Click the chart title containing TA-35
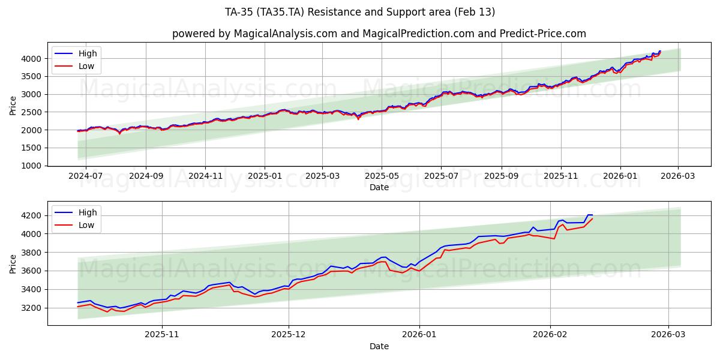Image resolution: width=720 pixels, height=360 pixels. pyautogui.click(x=360, y=12)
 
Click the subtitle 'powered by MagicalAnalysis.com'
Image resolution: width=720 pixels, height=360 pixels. pyautogui.click(x=379, y=34)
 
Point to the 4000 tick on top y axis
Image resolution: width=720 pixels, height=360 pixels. pyautogui.click(x=33, y=58)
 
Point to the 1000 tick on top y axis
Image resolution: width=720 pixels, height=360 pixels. pyautogui.click(x=33, y=166)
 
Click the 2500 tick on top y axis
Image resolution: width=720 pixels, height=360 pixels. pyautogui.click(x=33, y=112)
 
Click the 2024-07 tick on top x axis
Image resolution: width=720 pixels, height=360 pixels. pyautogui.click(x=85, y=176)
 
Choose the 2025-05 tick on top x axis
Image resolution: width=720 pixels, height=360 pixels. pyautogui.click(x=382, y=176)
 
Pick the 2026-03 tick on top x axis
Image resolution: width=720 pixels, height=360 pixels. pyautogui.click(x=678, y=176)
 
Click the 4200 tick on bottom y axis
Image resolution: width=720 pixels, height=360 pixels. pyautogui.click(x=33, y=215)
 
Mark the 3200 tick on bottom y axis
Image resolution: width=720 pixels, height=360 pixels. pyautogui.click(x=33, y=308)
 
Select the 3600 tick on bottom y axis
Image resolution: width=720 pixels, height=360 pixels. pyautogui.click(x=33, y=271)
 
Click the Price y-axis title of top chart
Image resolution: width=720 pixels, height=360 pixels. pyautogui.click(x=13, y=106)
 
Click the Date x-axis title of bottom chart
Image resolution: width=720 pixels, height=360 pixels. pyautogui.click(x=379, y=346)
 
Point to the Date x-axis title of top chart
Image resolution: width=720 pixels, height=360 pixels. pyautogui.click(x=379, y=187)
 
